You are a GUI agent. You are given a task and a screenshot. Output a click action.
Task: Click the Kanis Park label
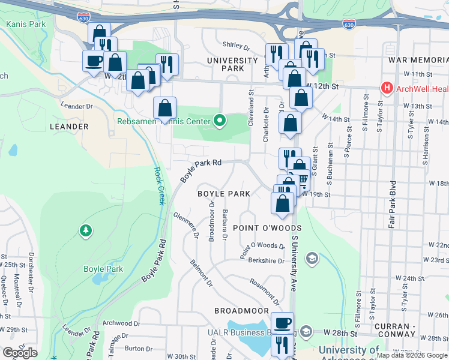click(x=26, y=24)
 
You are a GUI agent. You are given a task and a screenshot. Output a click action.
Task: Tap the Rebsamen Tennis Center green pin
click(x=220, y=121)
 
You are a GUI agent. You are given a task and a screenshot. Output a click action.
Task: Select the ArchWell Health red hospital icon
click(x=387, y=89)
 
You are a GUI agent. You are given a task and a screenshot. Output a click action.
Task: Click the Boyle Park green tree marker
click(x=86, y=230)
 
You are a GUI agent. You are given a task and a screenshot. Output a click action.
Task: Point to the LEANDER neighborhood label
click(x=69, y=127)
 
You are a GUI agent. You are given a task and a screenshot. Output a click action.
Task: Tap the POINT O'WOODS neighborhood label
click(x=259, y=228)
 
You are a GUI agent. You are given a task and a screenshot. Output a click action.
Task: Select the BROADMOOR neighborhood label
click(x=242, y=310)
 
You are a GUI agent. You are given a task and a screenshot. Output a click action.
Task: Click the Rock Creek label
click(x=160, y=186)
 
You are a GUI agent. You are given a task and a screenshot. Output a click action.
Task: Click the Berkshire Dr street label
click(x=265, y=261)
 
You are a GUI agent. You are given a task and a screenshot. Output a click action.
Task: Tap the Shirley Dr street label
click(x=236, y=46)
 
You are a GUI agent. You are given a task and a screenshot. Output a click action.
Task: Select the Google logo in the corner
click(x=20, y=353)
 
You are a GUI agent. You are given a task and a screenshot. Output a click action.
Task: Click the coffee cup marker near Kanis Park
click(x=94, y=60)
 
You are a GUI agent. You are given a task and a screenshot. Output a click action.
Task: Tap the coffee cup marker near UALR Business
click(x=282, y=322)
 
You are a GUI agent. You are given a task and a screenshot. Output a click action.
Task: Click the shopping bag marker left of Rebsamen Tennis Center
click(x=164, y=108)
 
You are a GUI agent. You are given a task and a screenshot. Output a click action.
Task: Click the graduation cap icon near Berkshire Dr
click(x=312, y=258)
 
